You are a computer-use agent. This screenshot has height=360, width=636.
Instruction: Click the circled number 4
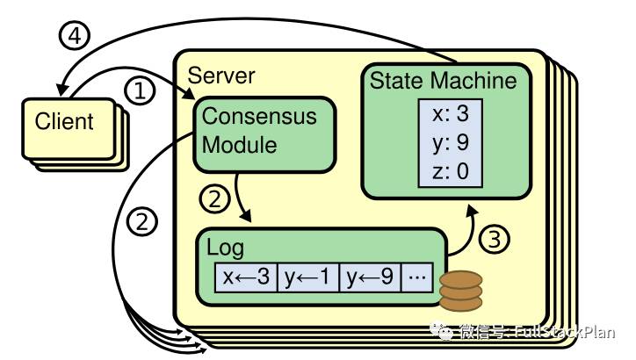[75, 36]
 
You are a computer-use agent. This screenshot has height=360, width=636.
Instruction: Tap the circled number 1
[140, 90]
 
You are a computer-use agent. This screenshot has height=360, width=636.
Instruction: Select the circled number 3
[494, 239]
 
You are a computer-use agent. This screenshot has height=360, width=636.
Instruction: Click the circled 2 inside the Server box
[214, 198]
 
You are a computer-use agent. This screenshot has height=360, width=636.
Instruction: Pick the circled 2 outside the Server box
[142, 221]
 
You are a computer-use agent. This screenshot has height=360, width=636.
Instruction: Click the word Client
[64, 121]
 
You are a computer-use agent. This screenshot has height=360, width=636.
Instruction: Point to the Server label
[221, 76]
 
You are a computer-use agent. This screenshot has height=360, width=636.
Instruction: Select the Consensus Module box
[264, 135]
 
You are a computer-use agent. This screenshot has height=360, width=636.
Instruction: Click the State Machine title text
[444, 80]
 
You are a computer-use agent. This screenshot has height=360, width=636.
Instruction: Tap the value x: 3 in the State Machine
[451, 113]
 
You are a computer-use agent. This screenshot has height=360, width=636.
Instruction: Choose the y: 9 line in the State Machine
[451, 143]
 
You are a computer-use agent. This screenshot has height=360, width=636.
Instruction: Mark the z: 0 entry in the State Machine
[451, 171]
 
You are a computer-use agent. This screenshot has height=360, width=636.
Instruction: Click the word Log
[226, 248]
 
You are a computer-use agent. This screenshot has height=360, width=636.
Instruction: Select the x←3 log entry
[246, 277]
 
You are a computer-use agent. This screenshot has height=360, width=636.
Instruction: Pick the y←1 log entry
[308, 277]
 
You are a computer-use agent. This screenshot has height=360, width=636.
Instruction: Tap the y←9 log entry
[370, 277]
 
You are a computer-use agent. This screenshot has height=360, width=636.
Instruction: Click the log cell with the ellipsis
[417, 277]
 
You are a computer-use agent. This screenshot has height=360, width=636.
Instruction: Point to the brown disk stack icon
[461, 292]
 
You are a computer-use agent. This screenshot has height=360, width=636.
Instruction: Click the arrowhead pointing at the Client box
[61, 90]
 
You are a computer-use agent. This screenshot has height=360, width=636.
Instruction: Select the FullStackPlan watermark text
[565, 332]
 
